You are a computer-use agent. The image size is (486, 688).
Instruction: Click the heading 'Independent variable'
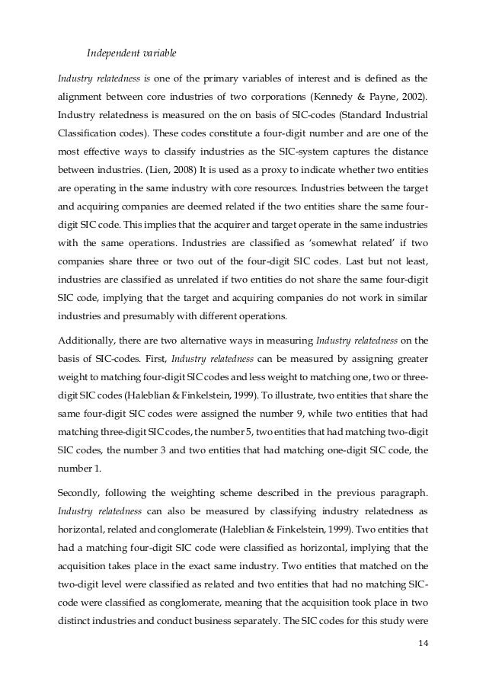[x=131, y=53]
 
